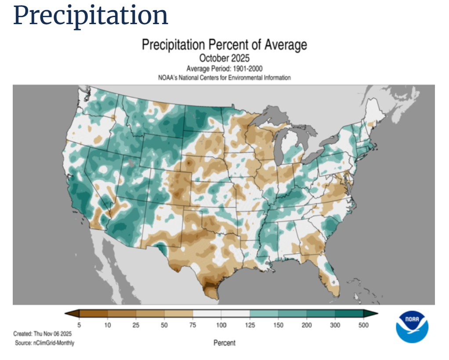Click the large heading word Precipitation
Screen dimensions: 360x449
(x=91, y=15)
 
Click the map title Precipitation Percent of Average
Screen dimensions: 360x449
(x=224, y=45)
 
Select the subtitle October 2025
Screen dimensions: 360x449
(x=224, y=58)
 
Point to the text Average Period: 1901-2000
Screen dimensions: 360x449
(x=224, y=69)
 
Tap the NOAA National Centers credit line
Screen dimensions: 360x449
(x=224, y=78)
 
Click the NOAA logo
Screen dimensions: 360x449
(x=412, y=327)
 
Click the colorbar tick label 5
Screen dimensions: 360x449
(x=79, y=325)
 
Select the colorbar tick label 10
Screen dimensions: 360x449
(x=107, y=325)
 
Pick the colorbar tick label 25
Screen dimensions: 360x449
(x=136, y=325)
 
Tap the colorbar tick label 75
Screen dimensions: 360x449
(x=192, y=325)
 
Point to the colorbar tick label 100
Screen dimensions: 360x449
(x=221, y=325)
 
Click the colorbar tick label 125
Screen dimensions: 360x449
(x=250, y=325)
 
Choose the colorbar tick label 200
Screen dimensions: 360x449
(x=307, y=325)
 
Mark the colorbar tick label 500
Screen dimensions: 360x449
(x=363, y=325)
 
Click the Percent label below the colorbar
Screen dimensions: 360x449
(x=224, y=343)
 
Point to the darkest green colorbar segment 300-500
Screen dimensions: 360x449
(x=349, y=313)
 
